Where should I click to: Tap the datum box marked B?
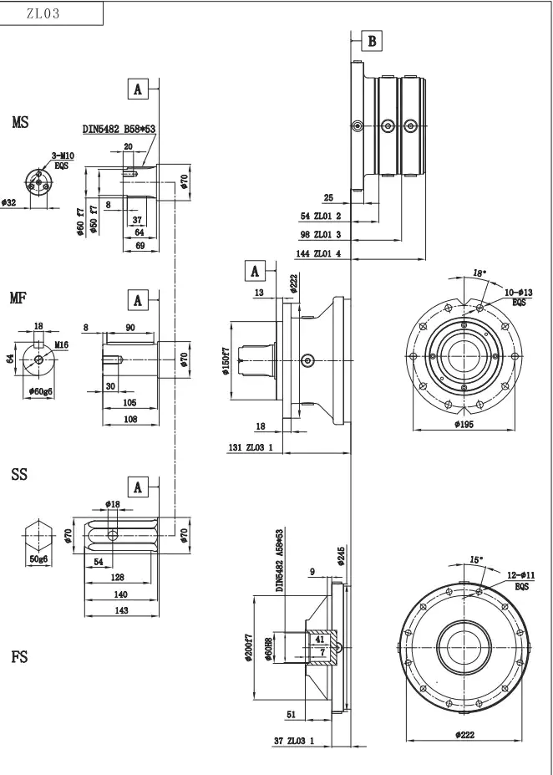click(372, 41)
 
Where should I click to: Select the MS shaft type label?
click(20, 123)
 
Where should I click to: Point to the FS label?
click(19, 657)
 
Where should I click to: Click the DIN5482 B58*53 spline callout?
click(119, 130)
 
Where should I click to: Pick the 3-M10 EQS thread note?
click(63, 161)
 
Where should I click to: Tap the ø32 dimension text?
click(9, 202)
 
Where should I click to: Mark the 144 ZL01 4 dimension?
click(319, 252)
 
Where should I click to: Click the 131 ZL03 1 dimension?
click(251, 448)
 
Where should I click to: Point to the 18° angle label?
click(479, 273)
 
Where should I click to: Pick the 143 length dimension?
click(121, 611)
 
